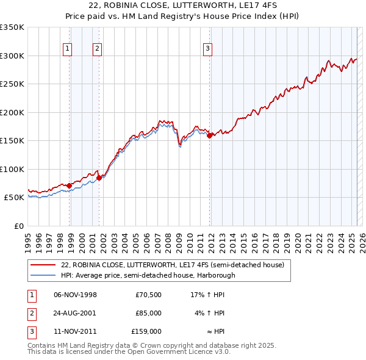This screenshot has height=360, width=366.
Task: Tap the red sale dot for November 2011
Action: tap(209, 136)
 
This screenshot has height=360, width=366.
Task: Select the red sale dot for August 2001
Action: tap(99, 178)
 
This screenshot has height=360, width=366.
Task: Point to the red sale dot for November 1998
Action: tap(70, 185)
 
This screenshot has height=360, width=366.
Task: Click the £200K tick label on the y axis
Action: tap(12, 112)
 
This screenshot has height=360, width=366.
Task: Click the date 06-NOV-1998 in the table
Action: tap(76, 295)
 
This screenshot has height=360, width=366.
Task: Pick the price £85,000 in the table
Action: tap(148, 313)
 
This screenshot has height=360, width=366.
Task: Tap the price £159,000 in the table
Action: tap(146, 331)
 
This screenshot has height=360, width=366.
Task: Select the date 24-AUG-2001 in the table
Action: tap(76, 313)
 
